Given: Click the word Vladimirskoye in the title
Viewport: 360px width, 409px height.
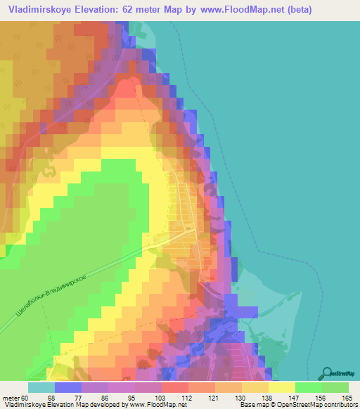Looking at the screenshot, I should click(44, 11).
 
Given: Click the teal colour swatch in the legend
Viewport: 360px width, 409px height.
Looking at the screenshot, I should click(41, 387).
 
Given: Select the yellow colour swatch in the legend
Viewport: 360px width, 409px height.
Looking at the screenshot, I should click(282, 387).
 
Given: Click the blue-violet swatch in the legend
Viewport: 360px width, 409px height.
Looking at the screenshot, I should click(68, 387).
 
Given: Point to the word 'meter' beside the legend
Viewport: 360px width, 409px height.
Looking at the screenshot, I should click(11, 398).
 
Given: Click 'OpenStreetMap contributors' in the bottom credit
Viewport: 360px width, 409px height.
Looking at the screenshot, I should click(309, 405).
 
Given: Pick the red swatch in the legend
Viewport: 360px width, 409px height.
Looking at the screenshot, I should click(175, 387).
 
